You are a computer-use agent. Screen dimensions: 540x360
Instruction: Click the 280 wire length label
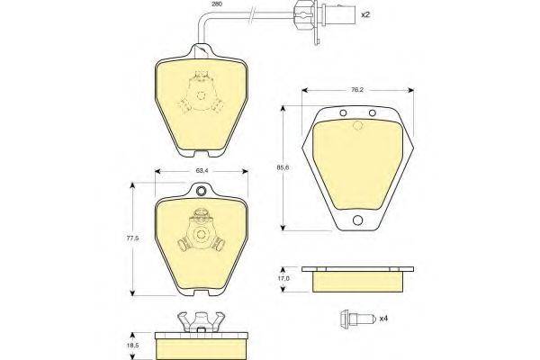pyautogui.click(x=217, y=4)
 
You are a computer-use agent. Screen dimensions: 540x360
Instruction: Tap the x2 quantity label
pyautogui.click(x=365, y=14)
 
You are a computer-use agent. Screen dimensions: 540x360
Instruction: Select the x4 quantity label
pyautogui.click(x=383, y=319)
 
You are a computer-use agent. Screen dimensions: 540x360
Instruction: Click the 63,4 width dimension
pyautogui.click(x=202, y=170)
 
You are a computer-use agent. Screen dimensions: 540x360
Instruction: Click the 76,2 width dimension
pyautogui.click(x=357, y=90)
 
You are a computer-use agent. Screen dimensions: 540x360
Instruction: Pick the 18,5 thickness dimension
pyautogui.click(x=135, y=346)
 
